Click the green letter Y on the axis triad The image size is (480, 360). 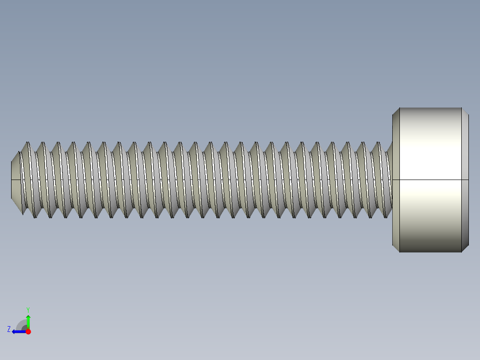coord(28,309)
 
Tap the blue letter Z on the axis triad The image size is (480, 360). coord(9,329)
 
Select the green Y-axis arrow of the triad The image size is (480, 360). coord(28,321)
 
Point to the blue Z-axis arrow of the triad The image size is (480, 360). coord(18,331)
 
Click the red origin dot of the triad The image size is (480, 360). coord(28,331)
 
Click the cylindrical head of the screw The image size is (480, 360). coord(430,147)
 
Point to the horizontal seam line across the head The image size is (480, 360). coord(430,180)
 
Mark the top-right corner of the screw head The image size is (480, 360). coord(462,108)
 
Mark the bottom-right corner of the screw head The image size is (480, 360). coord(462,252)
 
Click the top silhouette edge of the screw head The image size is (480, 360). coord(430,108)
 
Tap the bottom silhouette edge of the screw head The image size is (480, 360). coord(430,252)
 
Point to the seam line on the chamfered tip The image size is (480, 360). coord(16,180)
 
